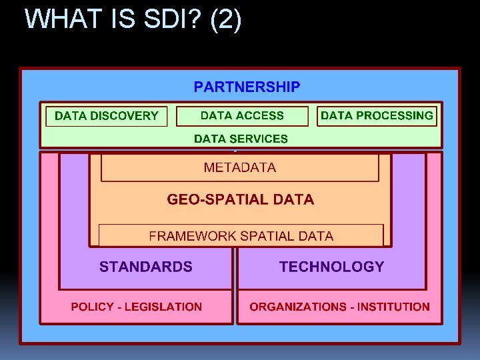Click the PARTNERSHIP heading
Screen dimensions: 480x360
[x=247, y=87]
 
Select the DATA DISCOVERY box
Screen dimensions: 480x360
[x=106, y=116]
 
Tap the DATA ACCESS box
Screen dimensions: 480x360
[x=242, y=116]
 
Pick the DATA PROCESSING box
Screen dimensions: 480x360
[x=377, y=116]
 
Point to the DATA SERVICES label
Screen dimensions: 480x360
[x=241, y=139]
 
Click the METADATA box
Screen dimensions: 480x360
[x=240, y=168]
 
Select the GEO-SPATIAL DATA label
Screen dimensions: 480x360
[x=240, y=199]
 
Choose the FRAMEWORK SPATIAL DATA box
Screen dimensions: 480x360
[x=241, y=236]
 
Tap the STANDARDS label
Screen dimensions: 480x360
[x=146, y=267]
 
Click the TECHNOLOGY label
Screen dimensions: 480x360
[x=331, y=267]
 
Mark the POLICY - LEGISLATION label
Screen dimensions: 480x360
[x=137, y=307]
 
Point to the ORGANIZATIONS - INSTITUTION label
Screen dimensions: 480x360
[x=339, y=307]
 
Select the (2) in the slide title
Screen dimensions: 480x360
[x=225, y=19]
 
